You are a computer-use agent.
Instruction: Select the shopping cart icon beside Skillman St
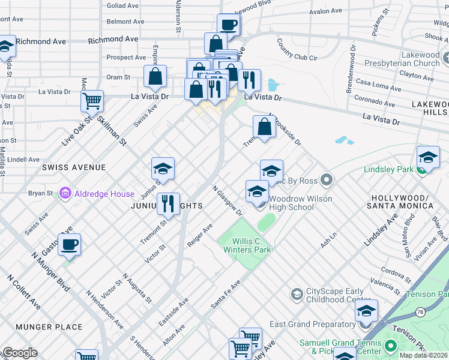coord(92,101)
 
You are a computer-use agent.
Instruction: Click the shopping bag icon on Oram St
coord(155,77)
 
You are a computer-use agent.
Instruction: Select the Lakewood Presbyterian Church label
coord(412,59)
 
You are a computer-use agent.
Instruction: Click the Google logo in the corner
coord(20,353)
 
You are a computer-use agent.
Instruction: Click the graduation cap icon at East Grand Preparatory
coord(366,311)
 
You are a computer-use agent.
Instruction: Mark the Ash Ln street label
coord(328,241)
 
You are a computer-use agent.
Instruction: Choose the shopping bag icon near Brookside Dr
coord(264,127)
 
